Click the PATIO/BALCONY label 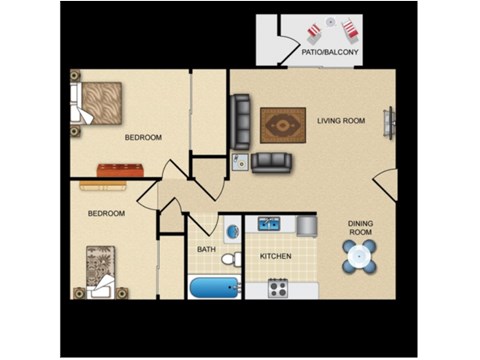pos(330,52)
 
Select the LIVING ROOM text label pos(341,121)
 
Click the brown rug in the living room pos(283,124)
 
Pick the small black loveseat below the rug pos(270,162)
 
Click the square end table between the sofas pos(240,161)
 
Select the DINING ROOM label pos(360,228)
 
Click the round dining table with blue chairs pos(360,257)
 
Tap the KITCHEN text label pos(275,257)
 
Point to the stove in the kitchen pos(277,289)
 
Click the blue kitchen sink pos(269,224)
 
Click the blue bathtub pos(215,288)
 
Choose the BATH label pos(206,249)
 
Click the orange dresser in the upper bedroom pos(117,168)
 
